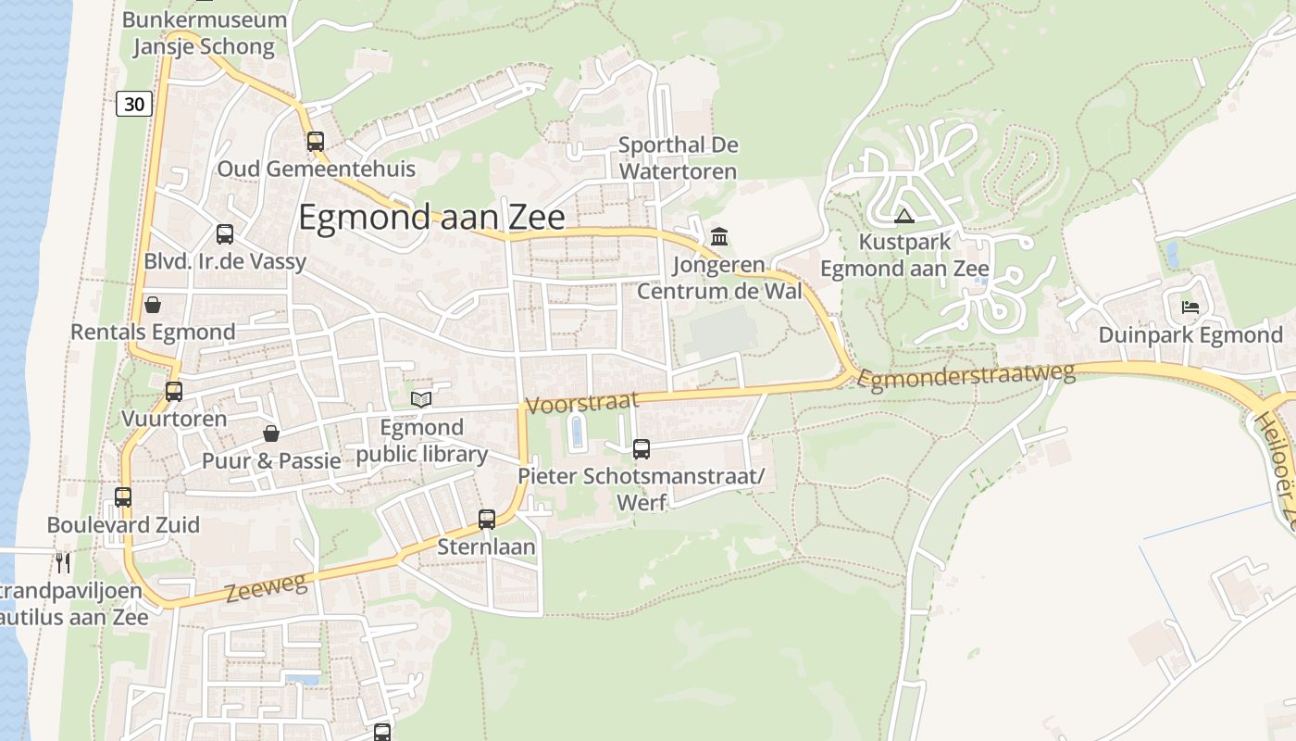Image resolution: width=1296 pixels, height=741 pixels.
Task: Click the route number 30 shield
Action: [x=134, y=104]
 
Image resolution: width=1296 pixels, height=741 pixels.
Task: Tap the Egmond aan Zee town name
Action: [x=431, y=217]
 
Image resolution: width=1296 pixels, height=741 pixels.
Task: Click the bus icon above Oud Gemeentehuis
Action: [x=316, y=142]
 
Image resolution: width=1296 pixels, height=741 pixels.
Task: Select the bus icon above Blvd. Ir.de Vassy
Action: [x=225, y=234]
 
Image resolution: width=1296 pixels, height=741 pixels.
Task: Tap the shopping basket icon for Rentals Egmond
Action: [x=153, y=305]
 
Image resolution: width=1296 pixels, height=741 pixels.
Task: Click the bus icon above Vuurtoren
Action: [x=174, y=391]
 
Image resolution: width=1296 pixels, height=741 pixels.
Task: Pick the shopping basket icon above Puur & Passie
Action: [x=271, y=433]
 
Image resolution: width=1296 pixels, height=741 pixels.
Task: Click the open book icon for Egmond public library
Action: [x=421, y=399]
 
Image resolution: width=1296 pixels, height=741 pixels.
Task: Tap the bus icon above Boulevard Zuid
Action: [x=123, y=497]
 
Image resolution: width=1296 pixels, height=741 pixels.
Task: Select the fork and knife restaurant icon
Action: [x=63, y=561]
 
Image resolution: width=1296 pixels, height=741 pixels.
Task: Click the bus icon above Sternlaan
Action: [x=487, y=520]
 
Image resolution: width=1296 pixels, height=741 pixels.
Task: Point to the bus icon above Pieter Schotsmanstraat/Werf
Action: [x=642, y=449]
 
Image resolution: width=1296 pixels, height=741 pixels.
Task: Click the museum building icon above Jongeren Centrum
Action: [x=719, y=237]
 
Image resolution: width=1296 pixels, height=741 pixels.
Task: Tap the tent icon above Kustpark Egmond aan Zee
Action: [x=904, y=217]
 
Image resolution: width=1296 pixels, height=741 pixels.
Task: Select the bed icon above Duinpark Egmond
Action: [x=1190, y=307]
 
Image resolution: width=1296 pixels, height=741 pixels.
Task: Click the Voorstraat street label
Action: [x=582, y=403]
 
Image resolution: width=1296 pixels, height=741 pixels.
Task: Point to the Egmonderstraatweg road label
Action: [x=967, y=375]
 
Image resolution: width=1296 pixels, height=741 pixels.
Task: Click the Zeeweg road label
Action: [x=265, y=587]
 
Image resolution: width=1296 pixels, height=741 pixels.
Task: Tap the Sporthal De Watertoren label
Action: [x=678, y=158]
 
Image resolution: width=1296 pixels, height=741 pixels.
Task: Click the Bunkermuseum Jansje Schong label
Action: [x=204, y=33]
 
